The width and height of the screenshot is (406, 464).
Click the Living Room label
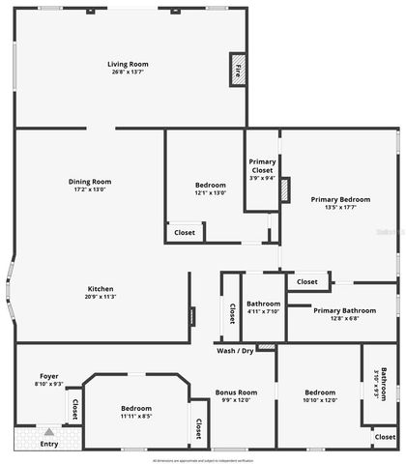(128, 64)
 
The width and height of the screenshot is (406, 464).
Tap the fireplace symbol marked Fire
(239, 71)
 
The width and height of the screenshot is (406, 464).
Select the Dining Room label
(90, 181)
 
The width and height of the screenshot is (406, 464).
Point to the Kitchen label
(101, 289)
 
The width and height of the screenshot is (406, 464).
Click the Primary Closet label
(262, 165)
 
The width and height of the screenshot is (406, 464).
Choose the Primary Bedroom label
(335, 199)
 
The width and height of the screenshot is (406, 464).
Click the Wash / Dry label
(235, 350)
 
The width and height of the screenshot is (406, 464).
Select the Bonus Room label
(236, 391)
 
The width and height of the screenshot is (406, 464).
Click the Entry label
(48, 445)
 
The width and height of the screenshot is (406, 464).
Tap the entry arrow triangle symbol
(48, 431)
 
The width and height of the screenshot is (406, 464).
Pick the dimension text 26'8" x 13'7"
(128, 72)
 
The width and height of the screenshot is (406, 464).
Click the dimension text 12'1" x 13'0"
(210, 192)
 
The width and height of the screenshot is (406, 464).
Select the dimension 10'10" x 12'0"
(319, 399)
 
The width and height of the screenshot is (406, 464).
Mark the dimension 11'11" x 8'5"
(136, 416)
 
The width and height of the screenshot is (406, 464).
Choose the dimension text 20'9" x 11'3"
(101, 297)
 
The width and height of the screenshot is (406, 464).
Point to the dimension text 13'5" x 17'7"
(335, 207)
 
